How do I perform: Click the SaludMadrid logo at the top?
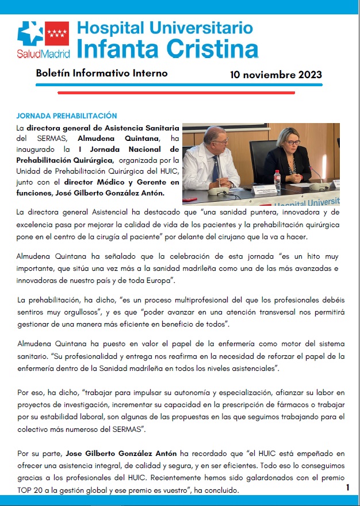click(43, 39)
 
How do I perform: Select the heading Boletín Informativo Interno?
click(102, 74)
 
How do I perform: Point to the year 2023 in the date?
click(310, 75)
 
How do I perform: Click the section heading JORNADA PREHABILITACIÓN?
click(67, 116)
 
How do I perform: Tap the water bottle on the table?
click(277, 180)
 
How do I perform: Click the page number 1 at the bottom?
click(347, 488)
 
